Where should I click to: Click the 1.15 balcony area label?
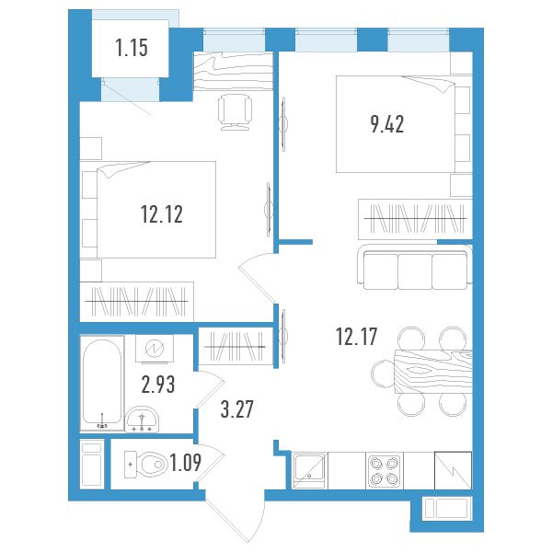132,48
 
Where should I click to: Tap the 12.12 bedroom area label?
162,214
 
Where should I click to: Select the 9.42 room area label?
387,124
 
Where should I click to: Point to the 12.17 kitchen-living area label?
357,336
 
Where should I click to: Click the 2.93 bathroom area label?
158,385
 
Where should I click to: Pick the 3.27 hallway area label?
237,409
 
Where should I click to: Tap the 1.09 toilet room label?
186,463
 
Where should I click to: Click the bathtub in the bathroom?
102,383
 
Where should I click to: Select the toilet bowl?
146,465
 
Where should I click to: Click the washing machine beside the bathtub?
155,349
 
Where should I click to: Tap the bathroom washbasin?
143,420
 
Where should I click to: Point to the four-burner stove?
385,471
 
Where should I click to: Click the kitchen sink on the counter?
309,470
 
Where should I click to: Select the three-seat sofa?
415,267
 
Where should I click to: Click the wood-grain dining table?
433,372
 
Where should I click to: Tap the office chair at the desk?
235,112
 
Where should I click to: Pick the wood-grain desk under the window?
234,72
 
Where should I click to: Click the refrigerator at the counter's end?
453,470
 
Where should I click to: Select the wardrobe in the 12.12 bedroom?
136,302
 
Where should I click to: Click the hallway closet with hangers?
236,347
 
